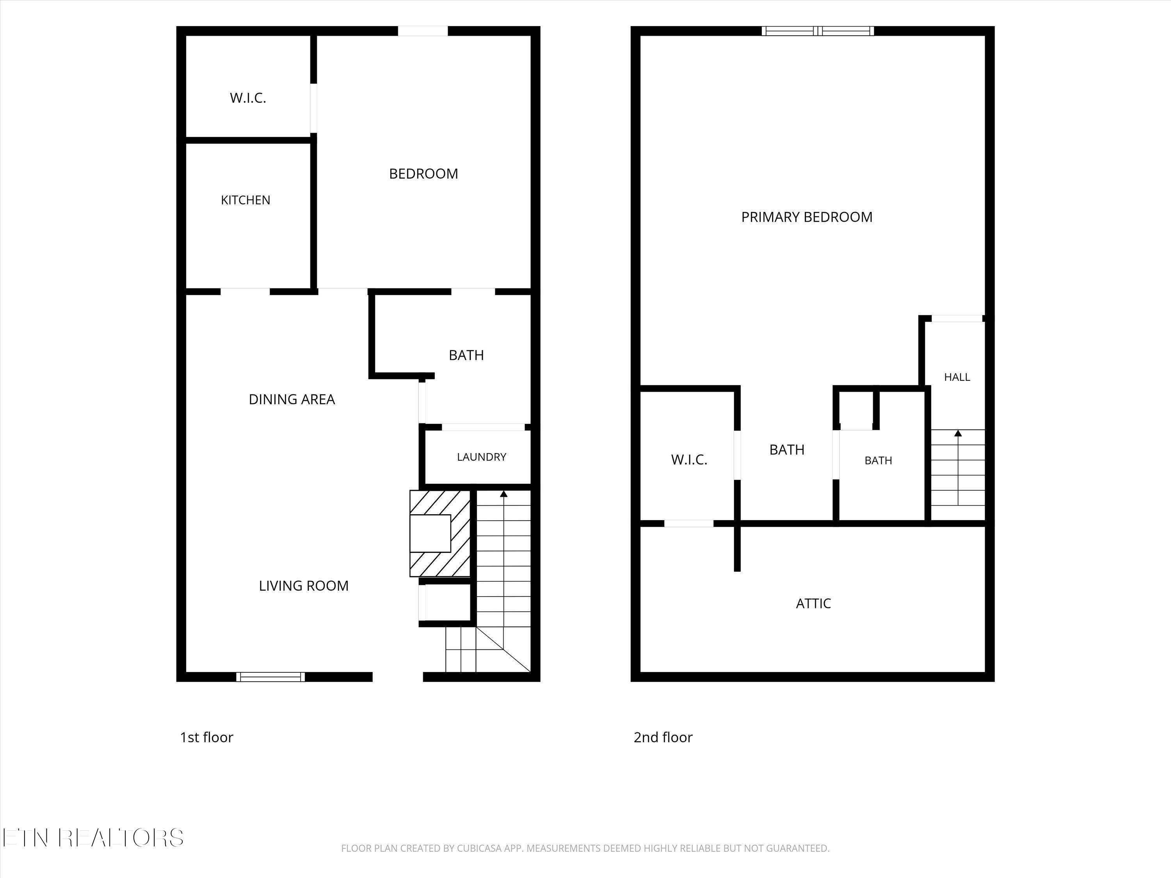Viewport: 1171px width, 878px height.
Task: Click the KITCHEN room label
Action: tap(246, 200)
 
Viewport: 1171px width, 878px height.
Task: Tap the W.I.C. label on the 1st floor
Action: tap(248, 98)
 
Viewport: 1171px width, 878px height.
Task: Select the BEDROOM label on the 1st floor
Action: tap(424, 174)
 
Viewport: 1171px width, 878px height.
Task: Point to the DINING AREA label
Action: tap(292, 399)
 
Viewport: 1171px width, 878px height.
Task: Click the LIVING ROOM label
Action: tap(304, 585)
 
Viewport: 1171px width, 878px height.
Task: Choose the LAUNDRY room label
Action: tap(482, 457)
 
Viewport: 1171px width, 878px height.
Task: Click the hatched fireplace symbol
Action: tap(440, 533)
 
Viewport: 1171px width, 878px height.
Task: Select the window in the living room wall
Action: tap(271, 676)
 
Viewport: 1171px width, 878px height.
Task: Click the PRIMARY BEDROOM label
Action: tap(807, 217)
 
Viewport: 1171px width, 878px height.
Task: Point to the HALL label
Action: tap(957, 377)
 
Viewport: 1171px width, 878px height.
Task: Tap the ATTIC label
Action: tap(813, 603)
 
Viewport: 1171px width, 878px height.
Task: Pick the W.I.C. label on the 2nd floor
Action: tap(689, 459)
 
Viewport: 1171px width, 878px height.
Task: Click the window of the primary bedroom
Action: tap(818, 31)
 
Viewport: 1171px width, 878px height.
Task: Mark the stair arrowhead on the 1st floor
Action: tap(504, 494)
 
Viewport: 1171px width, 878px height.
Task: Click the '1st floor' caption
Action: tap(206, 737)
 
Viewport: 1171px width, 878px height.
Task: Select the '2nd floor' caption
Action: tap(663, 737)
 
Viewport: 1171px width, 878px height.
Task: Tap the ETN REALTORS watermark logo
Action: tap(93, 838)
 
